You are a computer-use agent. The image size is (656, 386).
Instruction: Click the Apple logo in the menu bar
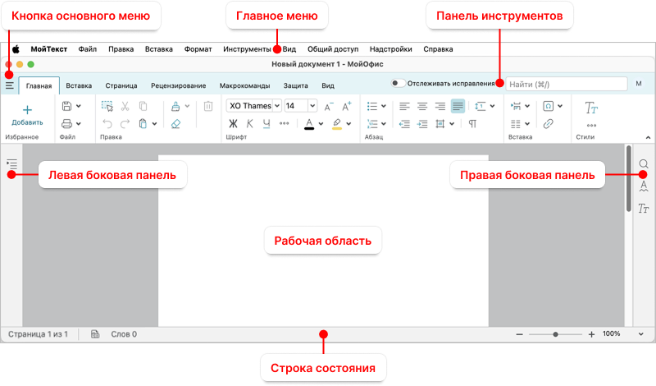(x=16, y=49)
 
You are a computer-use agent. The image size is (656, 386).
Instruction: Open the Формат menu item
(x=198, y=49)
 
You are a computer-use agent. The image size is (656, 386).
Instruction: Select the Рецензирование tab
(x=178, y=85)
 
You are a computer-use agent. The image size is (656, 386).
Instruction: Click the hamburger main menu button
(x=10, y=85)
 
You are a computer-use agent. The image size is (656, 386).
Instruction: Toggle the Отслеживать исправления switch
(x=398, y=83)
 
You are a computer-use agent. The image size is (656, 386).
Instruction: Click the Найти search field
(x=567, y=85)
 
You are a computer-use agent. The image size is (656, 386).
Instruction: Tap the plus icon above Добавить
(x=27, y=110)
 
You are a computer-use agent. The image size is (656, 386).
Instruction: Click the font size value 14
(x=290, y=106)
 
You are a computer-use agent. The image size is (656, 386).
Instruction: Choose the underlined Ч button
(x=266, y=123)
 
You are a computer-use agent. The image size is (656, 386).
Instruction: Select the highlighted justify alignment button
(x=458, y=106)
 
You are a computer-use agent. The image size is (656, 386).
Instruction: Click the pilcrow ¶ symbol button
(x=472, y=124)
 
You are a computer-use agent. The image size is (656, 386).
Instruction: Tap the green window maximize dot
(x=30, y=64)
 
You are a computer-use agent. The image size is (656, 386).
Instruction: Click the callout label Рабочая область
(x=322, y=241)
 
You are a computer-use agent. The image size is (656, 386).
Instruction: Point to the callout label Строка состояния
(x=322, y=368)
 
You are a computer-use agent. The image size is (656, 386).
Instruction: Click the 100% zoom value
(x=611, y=333)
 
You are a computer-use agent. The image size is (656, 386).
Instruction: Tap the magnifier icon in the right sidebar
(x=644, y=163)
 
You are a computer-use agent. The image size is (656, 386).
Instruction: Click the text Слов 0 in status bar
(x=124, y=334)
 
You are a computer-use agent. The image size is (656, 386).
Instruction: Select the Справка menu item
(x=438, y=49)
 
